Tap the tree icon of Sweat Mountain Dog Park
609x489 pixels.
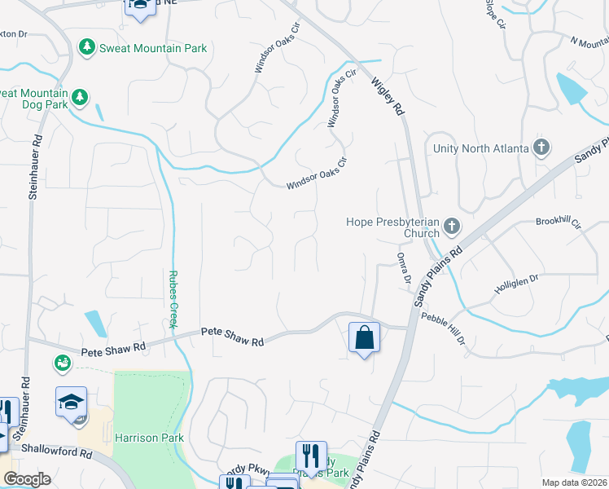point(79,99)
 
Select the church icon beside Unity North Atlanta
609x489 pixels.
point(541,148)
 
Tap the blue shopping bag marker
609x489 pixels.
point(364,337)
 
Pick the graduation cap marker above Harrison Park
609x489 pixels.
point(72,401)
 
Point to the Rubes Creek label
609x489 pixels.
point(173,299)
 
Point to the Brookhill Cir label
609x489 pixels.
point(558,222)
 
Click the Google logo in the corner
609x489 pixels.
point(27,478)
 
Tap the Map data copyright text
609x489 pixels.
point(574,482)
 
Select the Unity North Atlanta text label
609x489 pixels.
point(480,148)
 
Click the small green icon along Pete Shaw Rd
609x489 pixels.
point(61,361)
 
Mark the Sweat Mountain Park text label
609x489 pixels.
point(153,48)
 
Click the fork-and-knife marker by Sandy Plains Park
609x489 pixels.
point(311,455)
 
